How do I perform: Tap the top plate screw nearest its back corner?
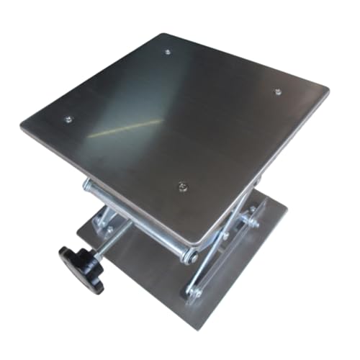(x=167, y=52)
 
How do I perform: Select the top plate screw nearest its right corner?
(x=278, y=91)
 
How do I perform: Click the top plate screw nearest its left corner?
(x=68, y=119)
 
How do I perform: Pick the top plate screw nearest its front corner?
(x=183, y=187)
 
